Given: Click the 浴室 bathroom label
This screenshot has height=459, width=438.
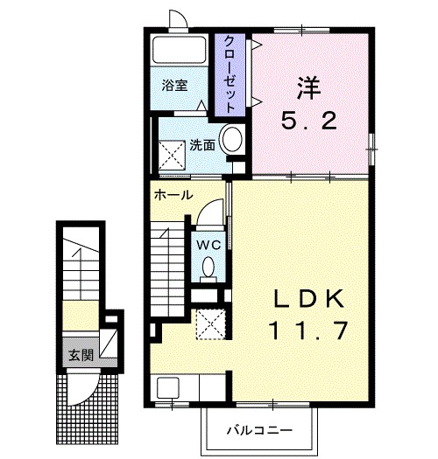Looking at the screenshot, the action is pos(174,85).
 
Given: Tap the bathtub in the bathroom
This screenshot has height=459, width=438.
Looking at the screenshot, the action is pos(180,50).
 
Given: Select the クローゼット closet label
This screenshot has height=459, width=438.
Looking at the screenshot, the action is pos(230,74).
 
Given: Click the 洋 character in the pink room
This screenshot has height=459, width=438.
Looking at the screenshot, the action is pos(308,87).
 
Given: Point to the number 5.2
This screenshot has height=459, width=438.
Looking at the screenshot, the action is pos(309,121).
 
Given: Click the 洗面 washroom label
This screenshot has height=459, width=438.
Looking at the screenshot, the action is pos(202,145).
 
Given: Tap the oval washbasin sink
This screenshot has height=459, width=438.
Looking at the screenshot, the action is pos(232,139).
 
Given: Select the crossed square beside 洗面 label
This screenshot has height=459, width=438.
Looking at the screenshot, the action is pos(172,155).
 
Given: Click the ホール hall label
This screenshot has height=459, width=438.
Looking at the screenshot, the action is pos(173,195).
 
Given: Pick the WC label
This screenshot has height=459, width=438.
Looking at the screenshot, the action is pos(208,245).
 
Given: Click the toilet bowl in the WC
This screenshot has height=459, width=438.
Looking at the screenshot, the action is pos(208,267).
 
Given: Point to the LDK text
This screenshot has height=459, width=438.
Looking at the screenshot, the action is pos(309,298).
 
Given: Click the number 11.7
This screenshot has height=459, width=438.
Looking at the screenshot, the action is pos(308,330).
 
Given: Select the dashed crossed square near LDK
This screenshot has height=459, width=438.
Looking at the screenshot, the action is pos(211,324).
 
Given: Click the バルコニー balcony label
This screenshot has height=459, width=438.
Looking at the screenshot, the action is pos(259,430).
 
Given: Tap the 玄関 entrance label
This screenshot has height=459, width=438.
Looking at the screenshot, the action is pos(81,355).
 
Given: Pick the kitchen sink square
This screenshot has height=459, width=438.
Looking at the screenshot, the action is pos(168,387).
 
